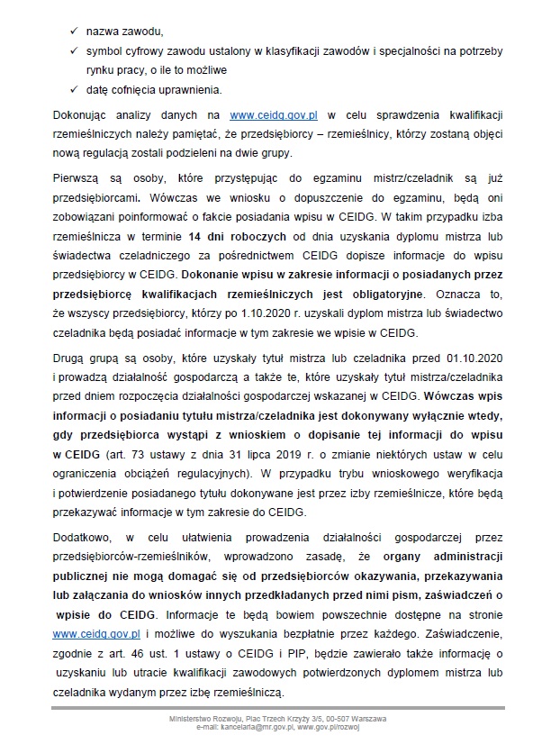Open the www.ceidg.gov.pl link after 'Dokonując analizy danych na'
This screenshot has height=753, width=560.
coord(273,116)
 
